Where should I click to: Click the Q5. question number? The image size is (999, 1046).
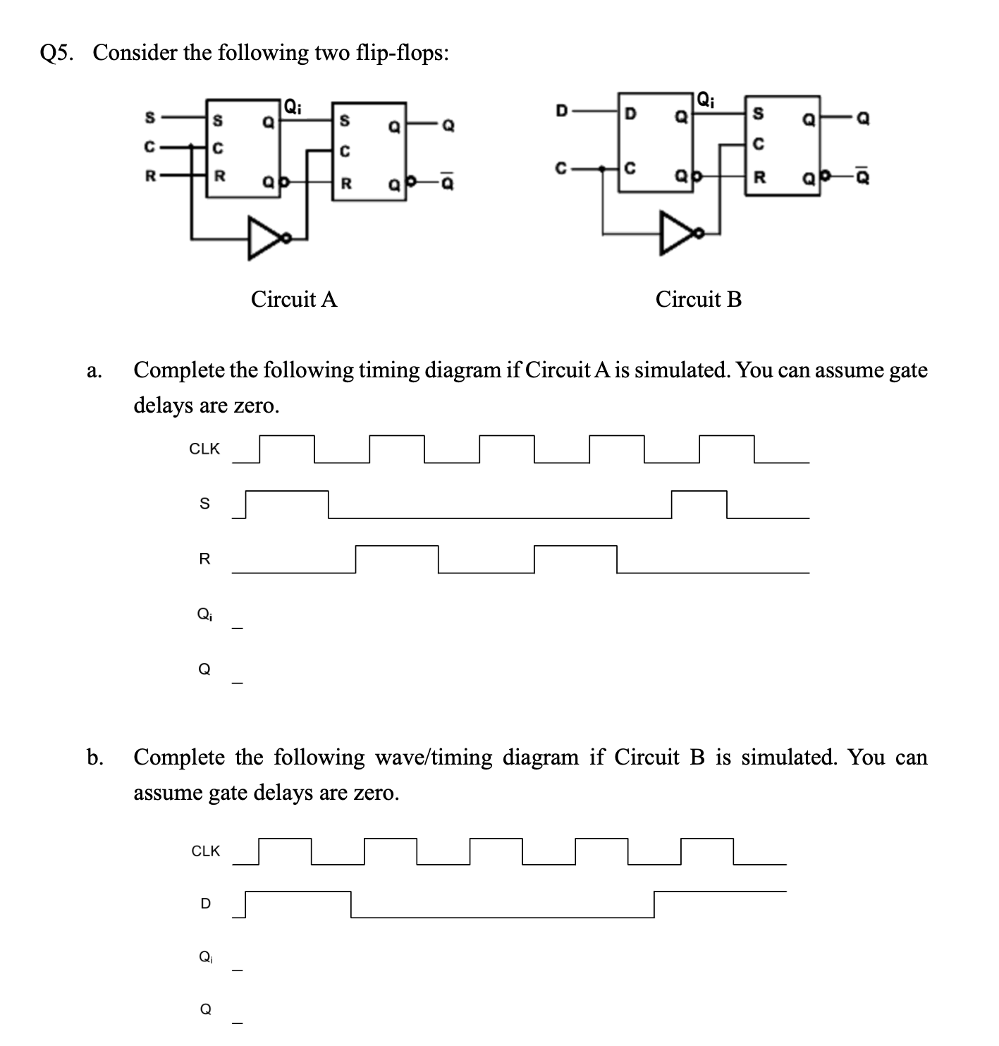click(x=59, y=53)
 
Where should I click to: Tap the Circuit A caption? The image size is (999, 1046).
click(x=294, y=299)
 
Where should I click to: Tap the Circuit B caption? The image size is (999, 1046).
click(x=698, y=299)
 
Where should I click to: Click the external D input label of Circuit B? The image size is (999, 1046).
click(x=561, y=111)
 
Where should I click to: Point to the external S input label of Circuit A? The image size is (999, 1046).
click(x=149, y=118)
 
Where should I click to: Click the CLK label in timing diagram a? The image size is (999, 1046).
click(x=204, y=449)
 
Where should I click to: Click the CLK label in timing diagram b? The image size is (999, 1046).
click(x=206, y=851)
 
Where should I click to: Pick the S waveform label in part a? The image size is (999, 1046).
click(x=204, y=504)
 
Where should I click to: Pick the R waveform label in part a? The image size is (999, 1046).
click(x=204, y=559)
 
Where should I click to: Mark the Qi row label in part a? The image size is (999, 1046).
click(x=204, y=614)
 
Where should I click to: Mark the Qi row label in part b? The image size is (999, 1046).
click(x=205, y=957)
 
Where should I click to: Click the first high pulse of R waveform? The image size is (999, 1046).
click(x=397, y=546)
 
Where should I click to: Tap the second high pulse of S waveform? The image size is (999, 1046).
click(x=699, y=491)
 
